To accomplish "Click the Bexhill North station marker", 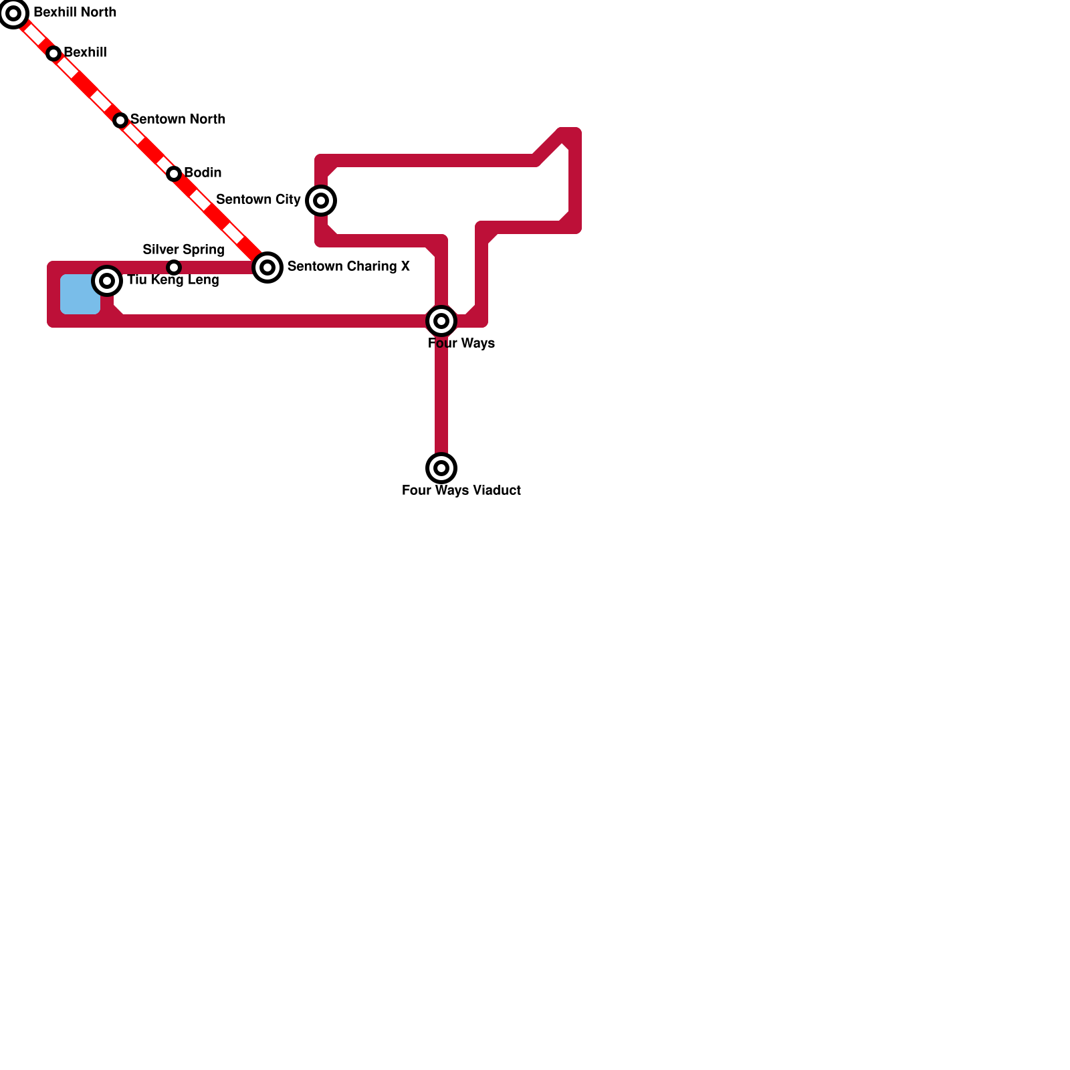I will click(13, 13).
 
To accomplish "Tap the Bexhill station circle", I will click(53, 53).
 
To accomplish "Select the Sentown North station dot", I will click(120, 120).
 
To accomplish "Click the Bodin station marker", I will click(174, 174).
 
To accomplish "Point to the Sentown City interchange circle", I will click(321, 201).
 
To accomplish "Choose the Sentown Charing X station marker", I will click(267, 267).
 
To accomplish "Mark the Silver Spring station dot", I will click(174, 267).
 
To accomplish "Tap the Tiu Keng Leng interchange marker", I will click(107, 281).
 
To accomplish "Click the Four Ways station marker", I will click(441, 321).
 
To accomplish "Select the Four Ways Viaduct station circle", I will click(441, 468).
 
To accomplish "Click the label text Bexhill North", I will click(75, 13).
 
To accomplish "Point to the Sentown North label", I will click(178, 120).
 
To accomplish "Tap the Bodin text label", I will click(203, 173).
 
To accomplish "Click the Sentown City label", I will click(258, 200).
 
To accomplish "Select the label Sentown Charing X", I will click(348, 267).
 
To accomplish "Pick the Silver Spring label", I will click(183, 250).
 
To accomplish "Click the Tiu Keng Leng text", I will click(173, 280).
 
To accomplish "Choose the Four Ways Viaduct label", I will click(461, 491).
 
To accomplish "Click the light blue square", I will click(80, 294).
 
